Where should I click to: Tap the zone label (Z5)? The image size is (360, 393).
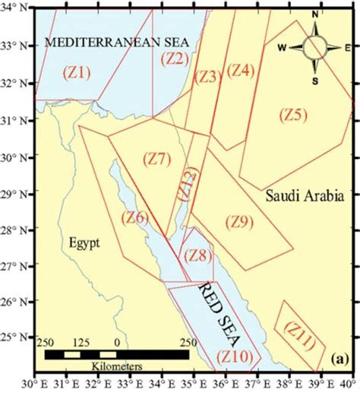click(x=293, y=116)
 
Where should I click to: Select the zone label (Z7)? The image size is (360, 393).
click(x=157, y=160)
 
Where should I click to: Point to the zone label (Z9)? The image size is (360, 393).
click(x=239, y=223)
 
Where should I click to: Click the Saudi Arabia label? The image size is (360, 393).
click(x=301, y=195)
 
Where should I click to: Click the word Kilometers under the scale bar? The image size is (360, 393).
click(x=116, y=366)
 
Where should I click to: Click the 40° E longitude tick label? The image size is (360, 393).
click(x=349, y=385)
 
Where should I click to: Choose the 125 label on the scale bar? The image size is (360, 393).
click(x=78, y=343)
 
